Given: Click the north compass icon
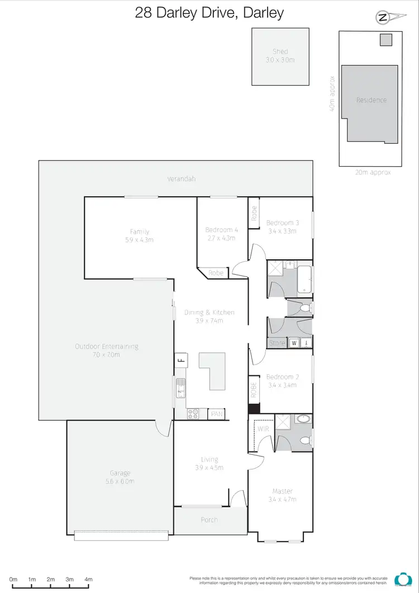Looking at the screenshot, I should [x=383, y=18].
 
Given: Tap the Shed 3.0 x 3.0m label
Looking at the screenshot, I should [x=280, y=55].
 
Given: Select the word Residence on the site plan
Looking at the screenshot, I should [x=371, y=100].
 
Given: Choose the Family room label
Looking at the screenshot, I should [x=139, y=236].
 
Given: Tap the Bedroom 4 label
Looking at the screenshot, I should [x=221, y=234].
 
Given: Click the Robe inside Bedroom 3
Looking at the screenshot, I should [x=254, y=213].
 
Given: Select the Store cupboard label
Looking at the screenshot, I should [x=276, y=343].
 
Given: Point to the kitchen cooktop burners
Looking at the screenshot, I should [x=193, y=414].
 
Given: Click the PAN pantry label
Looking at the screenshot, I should [x=217, y=415].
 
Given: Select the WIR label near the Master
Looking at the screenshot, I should [x=263, y=429].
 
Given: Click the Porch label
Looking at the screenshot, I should [x=209, y=520].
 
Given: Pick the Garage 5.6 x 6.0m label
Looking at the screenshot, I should [x=120, y=477].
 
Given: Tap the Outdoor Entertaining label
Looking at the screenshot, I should [x=106, y=350].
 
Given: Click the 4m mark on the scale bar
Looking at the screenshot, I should [x=88, y=579].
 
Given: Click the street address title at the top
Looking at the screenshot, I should [x=209, y=13].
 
